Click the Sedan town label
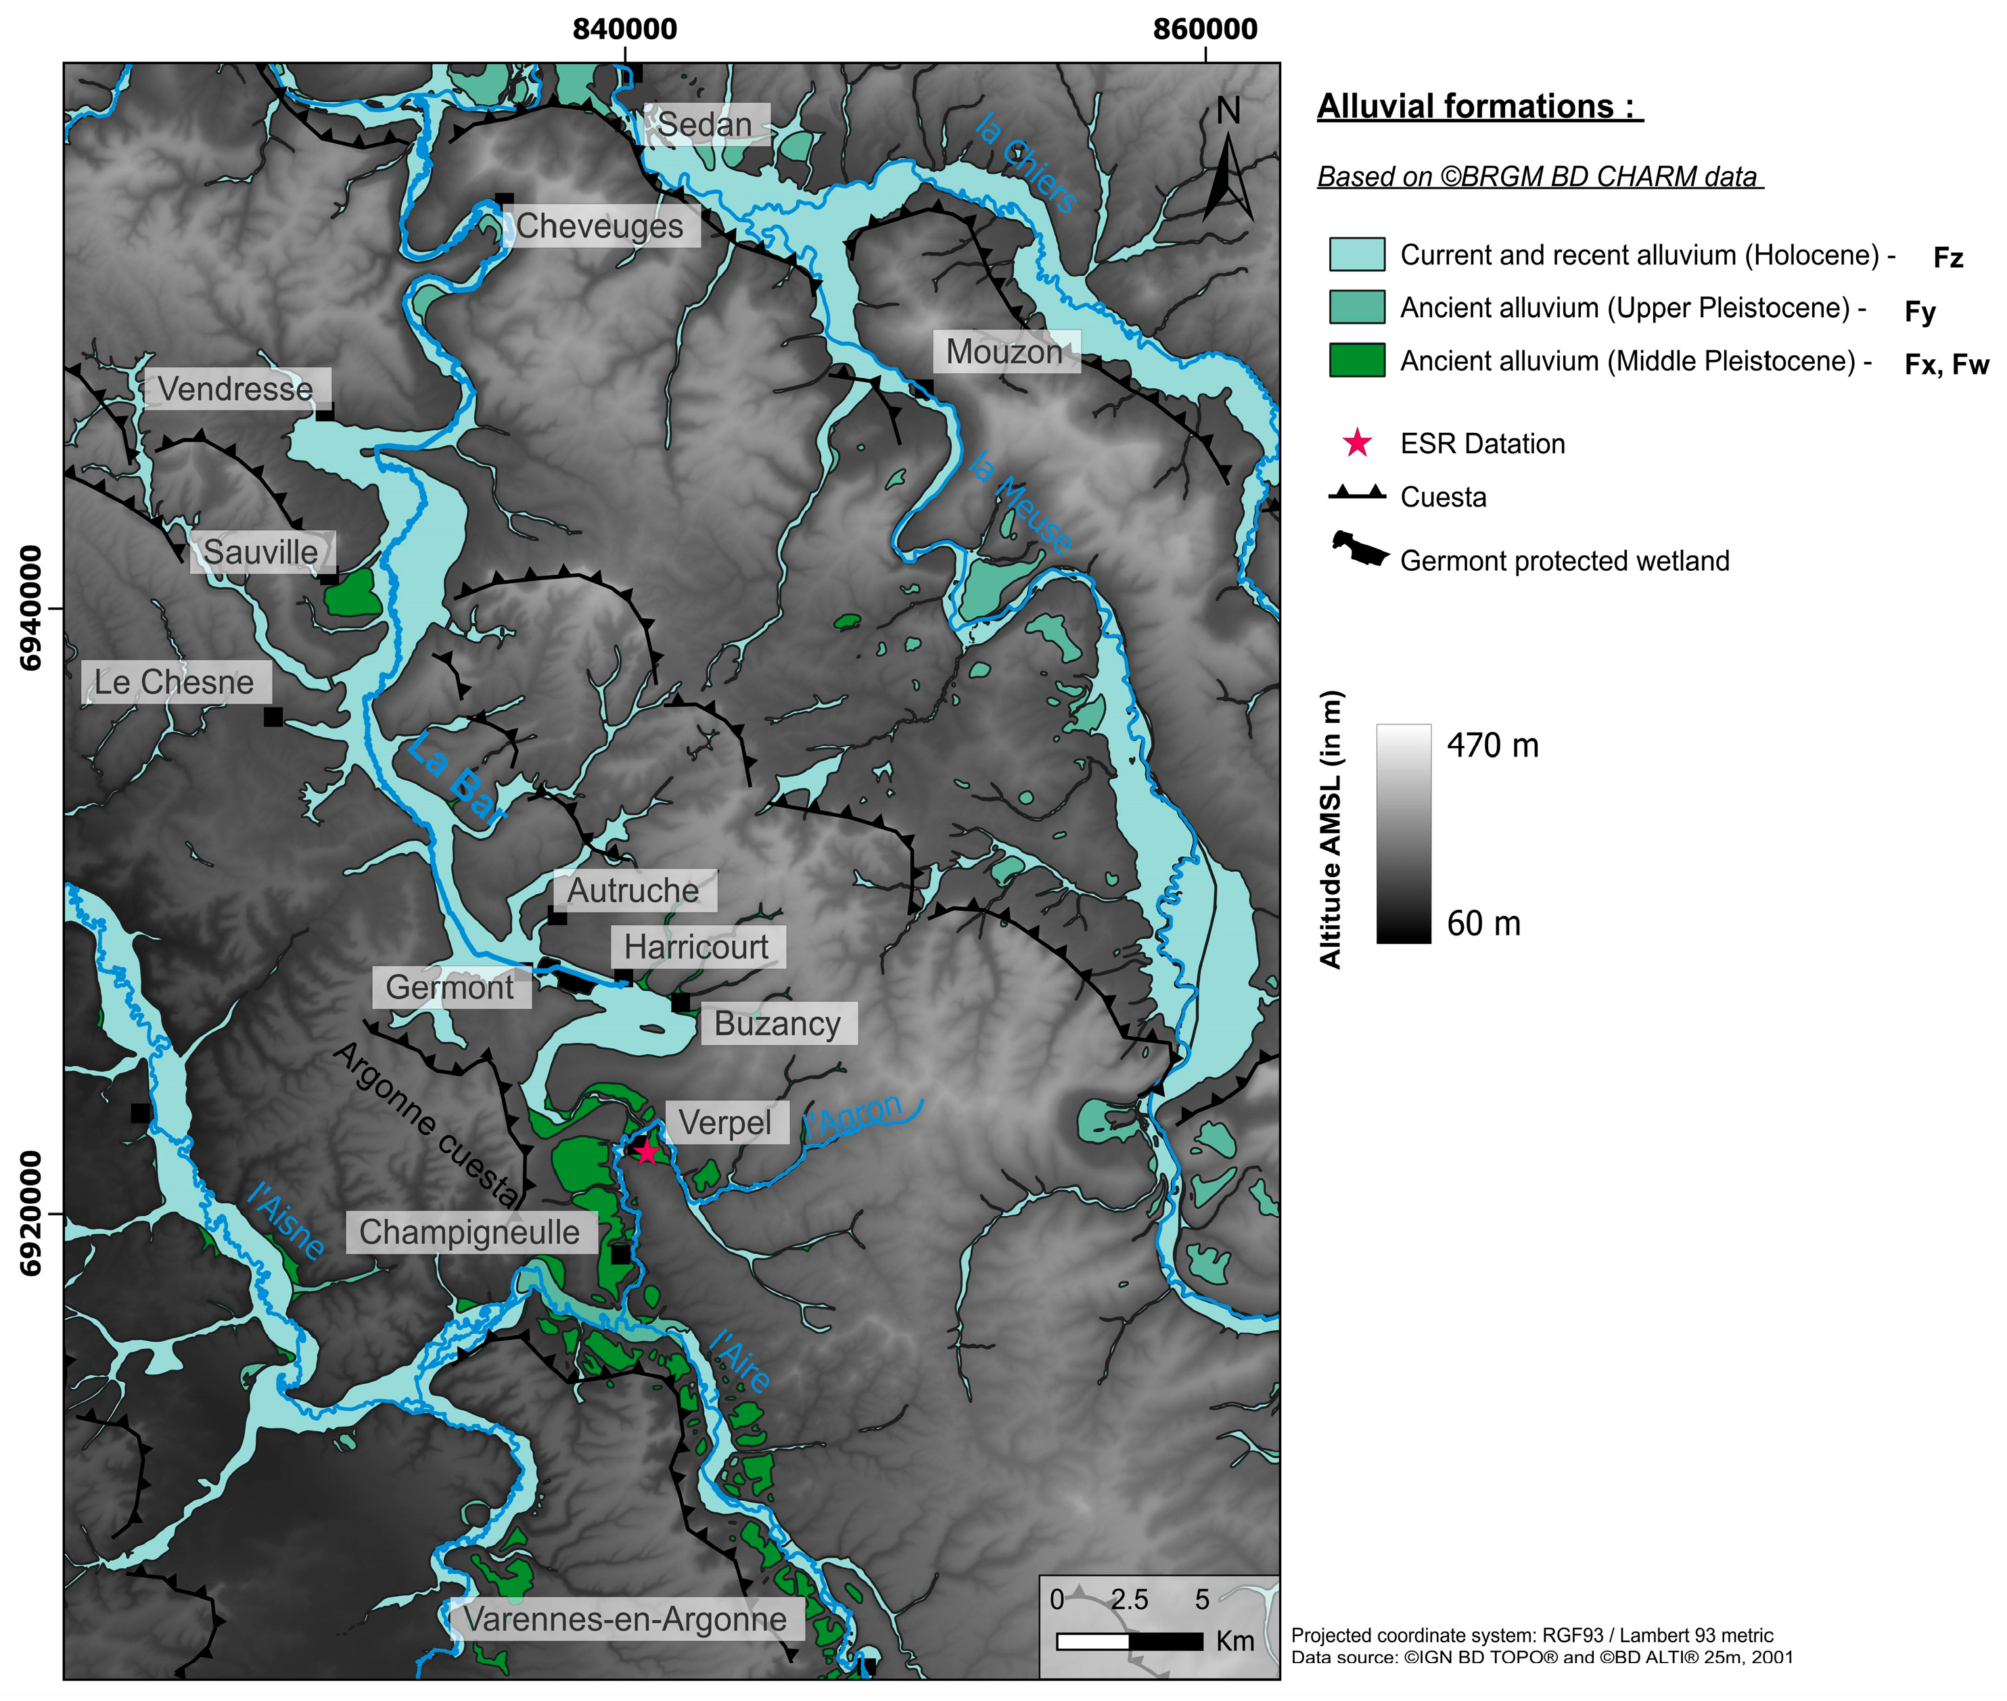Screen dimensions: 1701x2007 [705, 124]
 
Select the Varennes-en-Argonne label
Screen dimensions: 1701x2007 [625, 1619]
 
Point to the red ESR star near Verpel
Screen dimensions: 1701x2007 [646, 1151]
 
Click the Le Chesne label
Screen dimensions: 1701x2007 [175, 682]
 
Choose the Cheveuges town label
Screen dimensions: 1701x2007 [600, 226]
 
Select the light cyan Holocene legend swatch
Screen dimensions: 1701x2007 [1356, 254]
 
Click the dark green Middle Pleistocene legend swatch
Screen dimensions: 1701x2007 [1356, 360]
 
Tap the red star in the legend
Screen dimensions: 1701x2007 [1357, 444]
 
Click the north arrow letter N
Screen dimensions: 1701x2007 [1228, 112]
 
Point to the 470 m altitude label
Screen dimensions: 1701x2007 [1492, 745]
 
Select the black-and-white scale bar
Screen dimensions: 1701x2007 [1130, 1640]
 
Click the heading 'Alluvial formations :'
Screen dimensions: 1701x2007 [1479, 106]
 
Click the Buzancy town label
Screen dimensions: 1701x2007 [777, 1023]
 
